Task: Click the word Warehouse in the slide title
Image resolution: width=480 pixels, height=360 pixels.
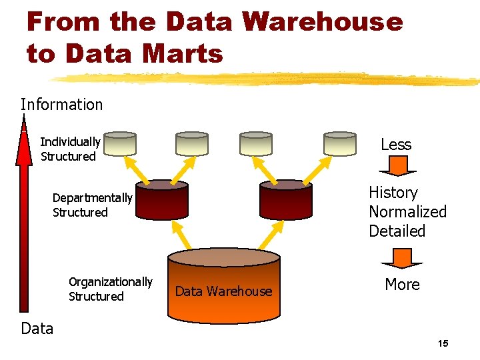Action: point(323,21)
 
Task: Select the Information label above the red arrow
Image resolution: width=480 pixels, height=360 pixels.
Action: point(61,105)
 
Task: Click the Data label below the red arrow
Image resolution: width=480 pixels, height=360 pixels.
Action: point(37,328)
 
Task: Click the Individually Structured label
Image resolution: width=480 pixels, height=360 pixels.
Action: point(69,149)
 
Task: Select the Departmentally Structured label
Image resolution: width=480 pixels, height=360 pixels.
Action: point(92,205)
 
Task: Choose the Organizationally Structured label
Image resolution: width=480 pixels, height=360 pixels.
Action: point(110,289)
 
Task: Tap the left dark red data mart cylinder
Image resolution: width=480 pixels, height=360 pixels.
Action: point(162,199)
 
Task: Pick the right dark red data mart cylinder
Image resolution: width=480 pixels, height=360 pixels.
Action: point(286,199)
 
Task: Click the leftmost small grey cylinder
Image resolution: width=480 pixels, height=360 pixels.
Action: point(120,143)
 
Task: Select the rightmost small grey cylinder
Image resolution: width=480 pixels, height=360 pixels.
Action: point(340,143)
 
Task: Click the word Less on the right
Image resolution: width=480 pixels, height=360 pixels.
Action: point(396,145)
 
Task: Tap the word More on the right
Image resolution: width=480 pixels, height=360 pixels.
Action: point(402,285)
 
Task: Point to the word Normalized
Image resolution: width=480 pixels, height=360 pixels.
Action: point(407,212)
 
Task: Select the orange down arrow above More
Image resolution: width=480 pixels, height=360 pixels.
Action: point(401,257)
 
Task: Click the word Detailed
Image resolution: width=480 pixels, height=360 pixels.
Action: point(397,231)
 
